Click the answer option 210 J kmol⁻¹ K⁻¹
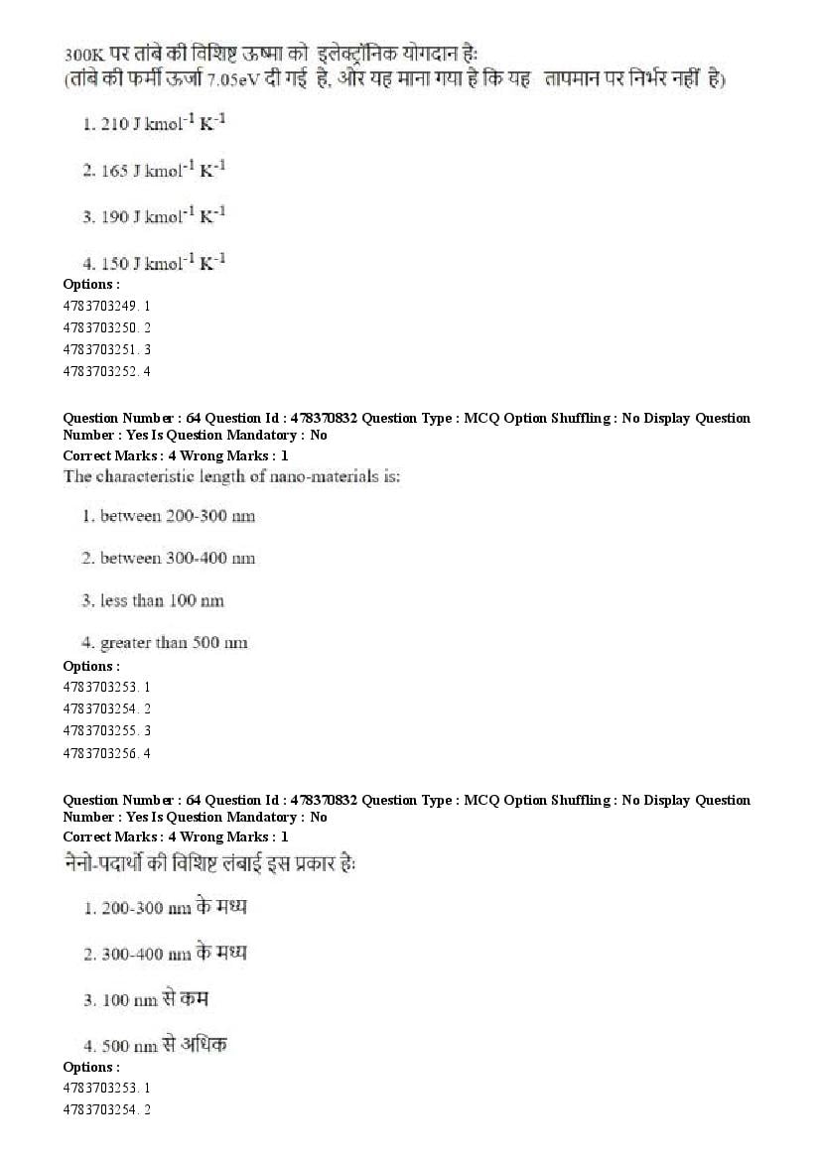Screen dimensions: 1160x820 click(x=155, y=125)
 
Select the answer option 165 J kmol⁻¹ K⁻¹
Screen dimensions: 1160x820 click(x=155, y=171)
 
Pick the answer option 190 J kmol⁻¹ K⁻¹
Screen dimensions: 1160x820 click(x=155, y=216)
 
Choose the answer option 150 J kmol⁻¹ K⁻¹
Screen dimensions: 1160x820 click(x=155, y=263)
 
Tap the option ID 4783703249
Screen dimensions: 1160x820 click(x=106, y=306)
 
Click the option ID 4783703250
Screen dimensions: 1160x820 click(x=106, y=327)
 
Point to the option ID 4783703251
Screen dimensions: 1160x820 click(x=106, y=349)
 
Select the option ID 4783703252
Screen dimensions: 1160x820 click(x=106, y=371)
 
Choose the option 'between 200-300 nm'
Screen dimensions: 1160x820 click(x=169, y=516)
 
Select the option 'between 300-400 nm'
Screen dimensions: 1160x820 click(x=169, y=558)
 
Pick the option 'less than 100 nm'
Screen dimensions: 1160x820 click(x=155, y=600)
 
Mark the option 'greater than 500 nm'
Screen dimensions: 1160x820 click(x=166, y=643)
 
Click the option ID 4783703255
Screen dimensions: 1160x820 click(x=106, y=730)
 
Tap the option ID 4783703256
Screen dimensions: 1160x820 click(x=106, y=753)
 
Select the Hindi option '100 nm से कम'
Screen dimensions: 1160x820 click(x=147, y=999)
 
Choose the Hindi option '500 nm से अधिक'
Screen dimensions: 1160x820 click(x=156, y=1044)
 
